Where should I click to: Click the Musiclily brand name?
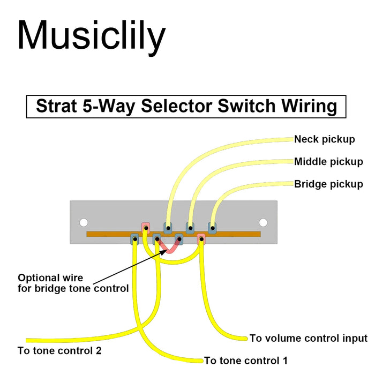coord(91,36)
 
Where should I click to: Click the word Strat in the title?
coord(56,106)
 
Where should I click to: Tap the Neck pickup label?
coord(324,140)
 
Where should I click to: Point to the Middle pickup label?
coord(328,162)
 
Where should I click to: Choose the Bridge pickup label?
coord(328,184)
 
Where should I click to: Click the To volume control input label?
coord(309,339)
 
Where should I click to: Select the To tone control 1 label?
coord(246,361)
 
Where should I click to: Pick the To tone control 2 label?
coord(59,351)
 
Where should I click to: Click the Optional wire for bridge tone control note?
coord(73,283)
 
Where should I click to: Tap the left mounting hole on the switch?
coord(84,222)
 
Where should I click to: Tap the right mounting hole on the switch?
coord(263,222)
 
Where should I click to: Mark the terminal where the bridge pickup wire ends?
coord(212,228)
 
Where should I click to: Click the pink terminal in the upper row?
coord(145,227)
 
